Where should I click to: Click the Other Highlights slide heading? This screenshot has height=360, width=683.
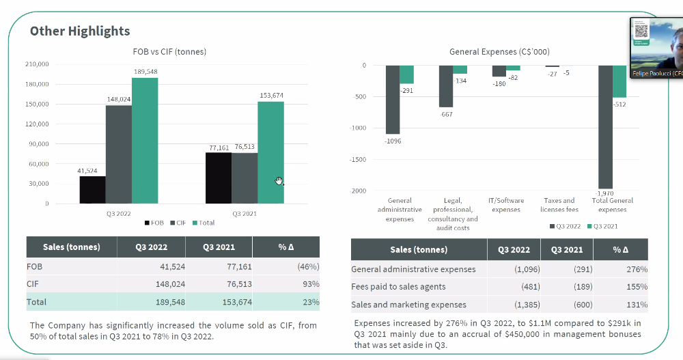click(x=80, y=31)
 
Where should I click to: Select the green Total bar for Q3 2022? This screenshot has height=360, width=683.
click(x=145, y=140)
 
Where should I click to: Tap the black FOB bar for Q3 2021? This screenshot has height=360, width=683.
click(x=219, y=178)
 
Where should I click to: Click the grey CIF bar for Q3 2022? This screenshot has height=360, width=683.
click(x=118, y=154)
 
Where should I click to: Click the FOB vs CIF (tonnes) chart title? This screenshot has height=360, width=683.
click(x=169, y=51)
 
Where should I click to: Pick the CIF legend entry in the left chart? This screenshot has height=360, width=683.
click(x=179, y=223)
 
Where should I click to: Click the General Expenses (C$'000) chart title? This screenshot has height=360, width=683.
click(x=499, y=51)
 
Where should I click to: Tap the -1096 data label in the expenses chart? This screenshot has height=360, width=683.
click(x=393, y=141)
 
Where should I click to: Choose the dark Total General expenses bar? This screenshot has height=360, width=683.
click(x=605, y=126)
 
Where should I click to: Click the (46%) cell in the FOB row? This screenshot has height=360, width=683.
click(x=308, y=266)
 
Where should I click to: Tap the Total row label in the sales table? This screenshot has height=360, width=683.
click(x=37, y=301)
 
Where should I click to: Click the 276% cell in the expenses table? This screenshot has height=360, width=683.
click(x=635, y=269)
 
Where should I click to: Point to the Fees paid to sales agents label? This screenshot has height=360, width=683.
click(x=398, y=287)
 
